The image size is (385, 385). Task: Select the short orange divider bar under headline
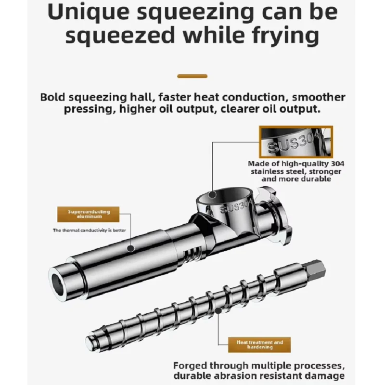click(x=192, y=76)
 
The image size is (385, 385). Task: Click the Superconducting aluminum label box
click(x=89, y=214)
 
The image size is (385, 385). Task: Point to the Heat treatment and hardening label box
click(x=260, y=345)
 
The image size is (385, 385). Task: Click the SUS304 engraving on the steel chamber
click(x=235, y=208)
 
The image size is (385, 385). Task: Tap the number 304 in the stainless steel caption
click(x=337, y=164)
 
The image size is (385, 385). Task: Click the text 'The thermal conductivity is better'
click(x=89, y=230)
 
